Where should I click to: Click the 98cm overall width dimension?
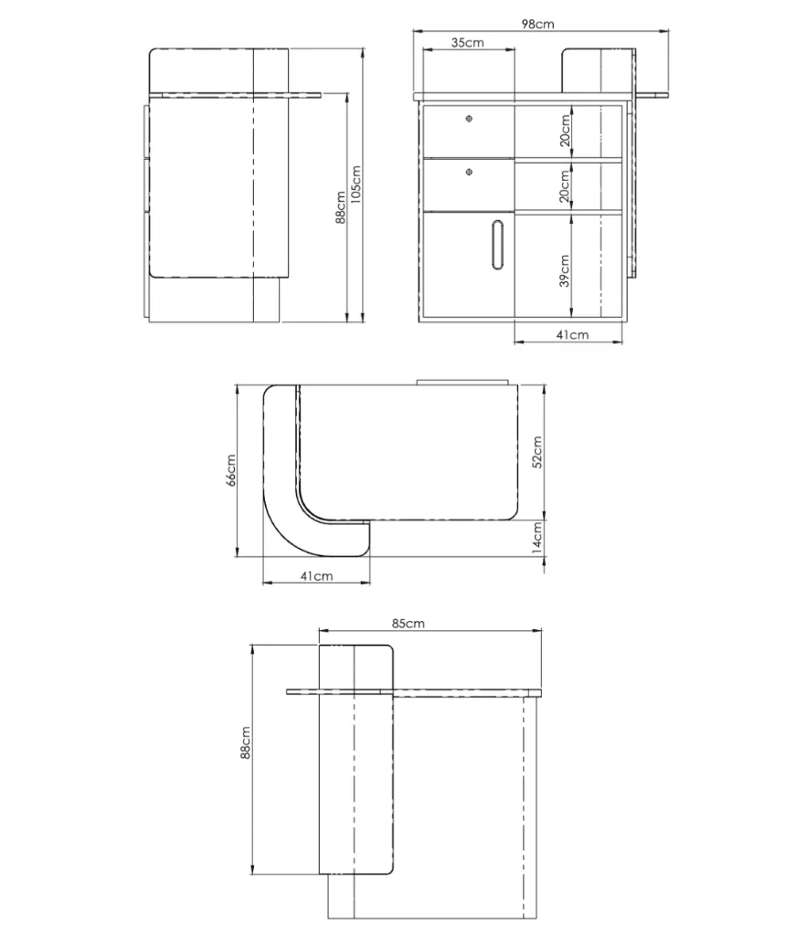[x=537, y=24]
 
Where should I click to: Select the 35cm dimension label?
[x=467, y=42]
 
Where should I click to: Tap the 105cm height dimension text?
[x=356, y=184]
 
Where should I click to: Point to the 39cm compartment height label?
[x=565, y=270]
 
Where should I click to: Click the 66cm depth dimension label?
[x=231, y=470]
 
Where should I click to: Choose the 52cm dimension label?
[x=537, y=452]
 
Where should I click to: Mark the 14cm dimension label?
[x=537, y=539]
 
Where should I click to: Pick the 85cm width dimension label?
[x=409, y=623]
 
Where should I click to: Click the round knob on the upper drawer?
[x=469, y=119]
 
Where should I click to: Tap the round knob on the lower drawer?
[x=469, y=173]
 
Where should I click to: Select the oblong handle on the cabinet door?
[x=498, y=246]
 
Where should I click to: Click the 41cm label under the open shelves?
[x=572, y=335]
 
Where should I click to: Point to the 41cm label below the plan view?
[x=316, y=576]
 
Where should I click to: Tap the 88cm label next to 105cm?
[x=341, y=207]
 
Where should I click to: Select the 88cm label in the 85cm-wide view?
[x=245, y=743]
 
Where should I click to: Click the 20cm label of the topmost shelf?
[x=565, y=131]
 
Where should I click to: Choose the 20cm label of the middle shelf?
[x=565, y=186]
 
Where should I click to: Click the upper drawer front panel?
[x=469, y=131]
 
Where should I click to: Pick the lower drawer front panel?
[x=469, y=184]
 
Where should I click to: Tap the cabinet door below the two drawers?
[x=469, y=265]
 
